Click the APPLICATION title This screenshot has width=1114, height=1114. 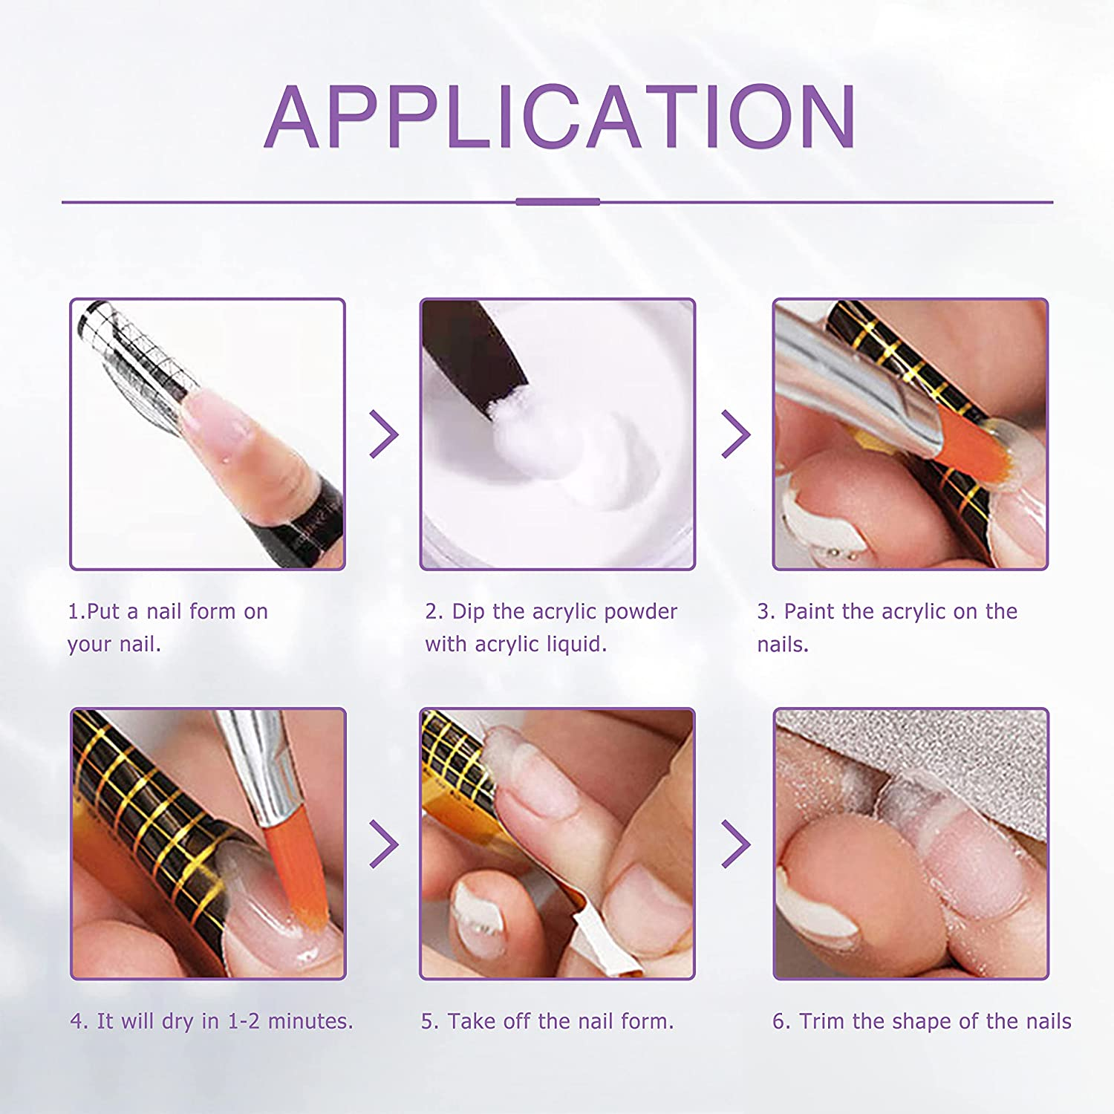coord(560,117)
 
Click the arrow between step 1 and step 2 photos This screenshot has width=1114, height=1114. coord(384,434)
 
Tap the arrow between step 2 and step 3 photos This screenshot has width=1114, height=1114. coord(736,434)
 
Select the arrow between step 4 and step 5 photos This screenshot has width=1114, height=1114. coord(384,844)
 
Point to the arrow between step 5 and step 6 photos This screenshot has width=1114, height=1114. coord(736,844)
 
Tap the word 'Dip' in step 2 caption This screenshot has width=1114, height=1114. coord(468,612)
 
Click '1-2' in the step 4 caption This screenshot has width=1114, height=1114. coord(244,1021)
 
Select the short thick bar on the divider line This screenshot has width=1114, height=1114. coord(558,201)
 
